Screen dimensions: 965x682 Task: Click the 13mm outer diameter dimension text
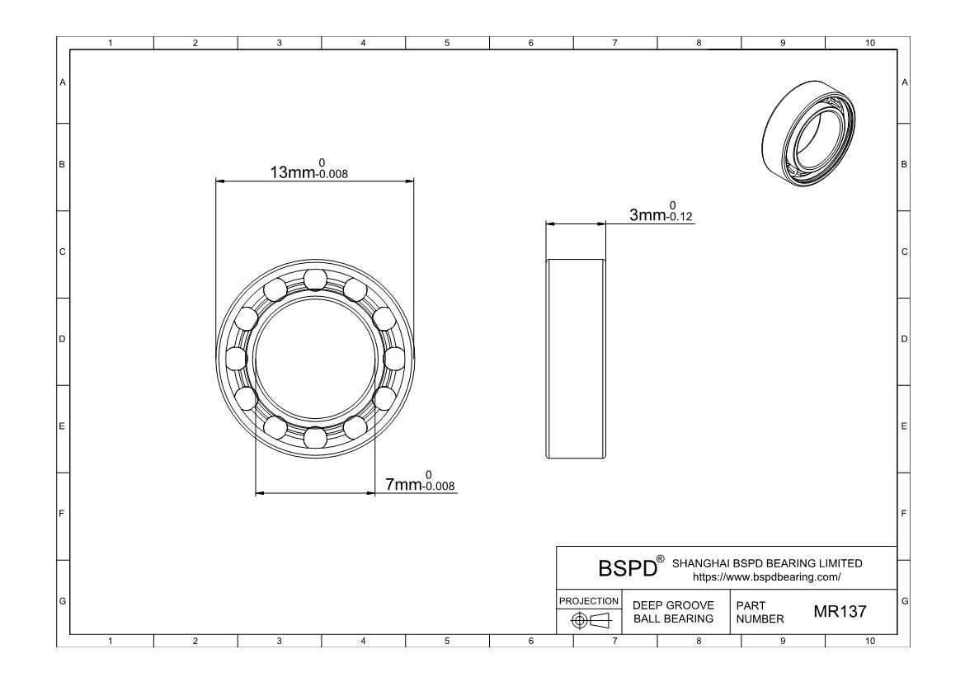point(309,169)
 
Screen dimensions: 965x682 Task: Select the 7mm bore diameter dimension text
point(420,482)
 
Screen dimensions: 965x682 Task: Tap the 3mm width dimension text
point(661,212)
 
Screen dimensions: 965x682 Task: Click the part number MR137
point(840,611)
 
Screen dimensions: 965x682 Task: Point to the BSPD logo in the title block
point(631,567)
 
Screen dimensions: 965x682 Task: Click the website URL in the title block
point(766,577)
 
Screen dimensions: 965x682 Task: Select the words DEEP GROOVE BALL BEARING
point(673,612)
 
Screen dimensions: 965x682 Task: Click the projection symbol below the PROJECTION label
point(590,620)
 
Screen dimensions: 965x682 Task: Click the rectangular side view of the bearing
point(576,359)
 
